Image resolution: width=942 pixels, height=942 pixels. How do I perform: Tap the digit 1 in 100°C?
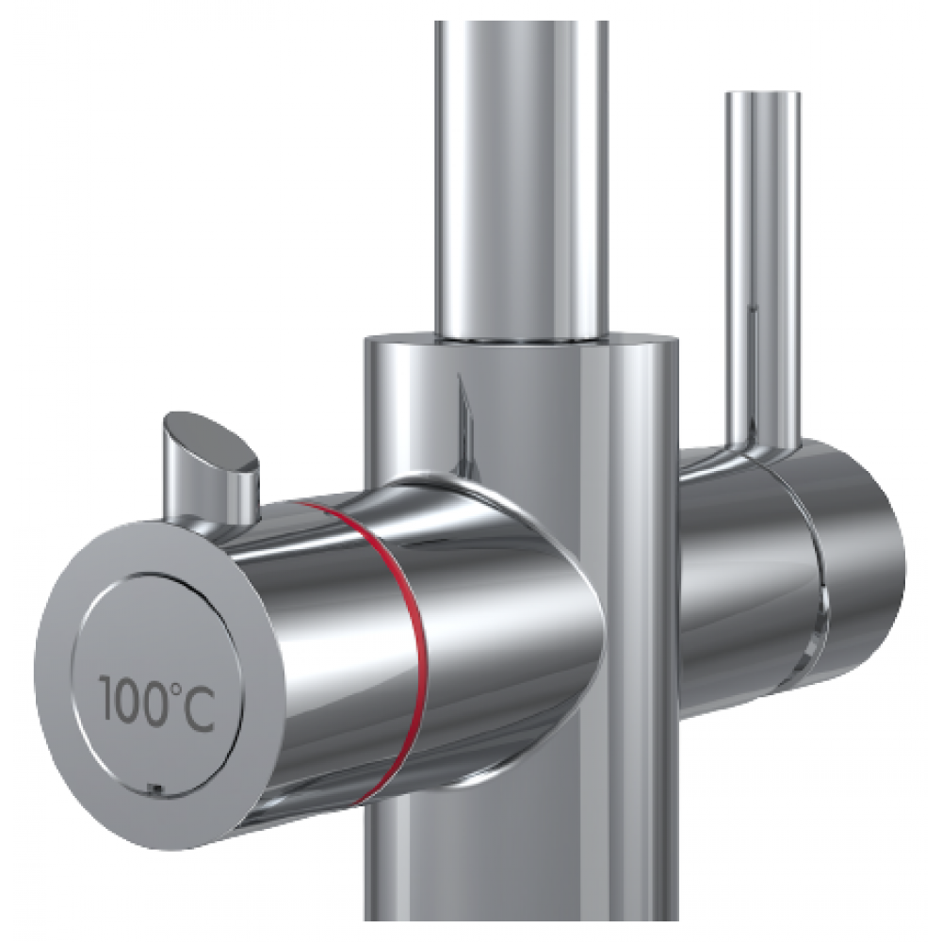coord(106,699)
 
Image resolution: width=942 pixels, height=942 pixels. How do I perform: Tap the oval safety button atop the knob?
coord(210,440)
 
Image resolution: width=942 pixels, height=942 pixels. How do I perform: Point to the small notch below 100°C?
coord(154,788)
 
